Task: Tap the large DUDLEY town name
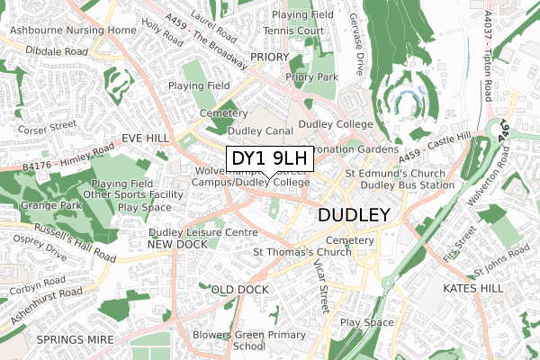pyautogui.click(x=354, y=216)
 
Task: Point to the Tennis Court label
pyautogui.click(x=292, y=31)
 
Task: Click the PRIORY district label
pyautogui.click(x=269, y=57)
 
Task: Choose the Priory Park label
pyautogui.click(x=311, y=77)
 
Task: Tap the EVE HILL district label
pyautogui.click(x=146, y=139)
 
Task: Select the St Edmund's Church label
pyautogui.click(x=394, y=173)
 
